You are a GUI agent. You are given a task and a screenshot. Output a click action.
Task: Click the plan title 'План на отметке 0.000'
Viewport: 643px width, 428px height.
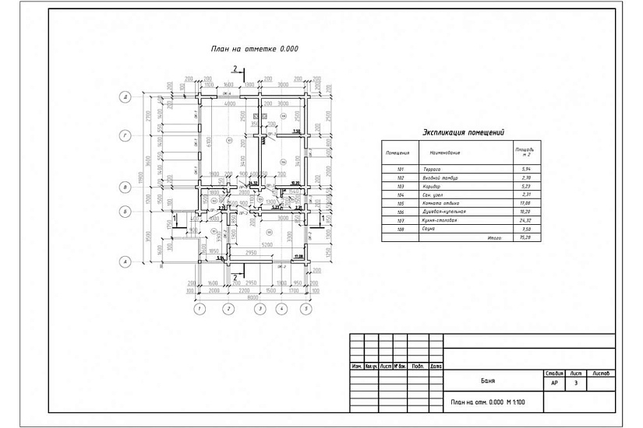click(255, 48)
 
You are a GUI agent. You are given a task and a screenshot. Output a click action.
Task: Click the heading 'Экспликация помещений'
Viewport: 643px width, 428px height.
click(463, 132)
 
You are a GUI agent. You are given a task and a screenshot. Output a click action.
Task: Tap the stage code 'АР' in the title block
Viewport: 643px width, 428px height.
click(554, 383)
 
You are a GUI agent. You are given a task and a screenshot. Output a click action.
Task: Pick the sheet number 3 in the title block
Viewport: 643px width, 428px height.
click(576, 383)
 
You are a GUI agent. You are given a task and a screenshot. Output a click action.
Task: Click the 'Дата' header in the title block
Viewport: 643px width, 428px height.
click(436, 366)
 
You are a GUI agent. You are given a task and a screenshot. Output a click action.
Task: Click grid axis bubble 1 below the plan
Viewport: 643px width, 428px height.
click(200, 309)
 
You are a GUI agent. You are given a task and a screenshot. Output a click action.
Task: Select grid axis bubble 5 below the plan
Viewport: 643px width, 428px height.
click(306, 309)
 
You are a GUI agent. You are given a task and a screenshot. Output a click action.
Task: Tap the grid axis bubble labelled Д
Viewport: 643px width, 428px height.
click(124, 97)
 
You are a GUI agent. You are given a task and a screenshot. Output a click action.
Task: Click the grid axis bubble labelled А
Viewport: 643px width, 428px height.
click(124, 262)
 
